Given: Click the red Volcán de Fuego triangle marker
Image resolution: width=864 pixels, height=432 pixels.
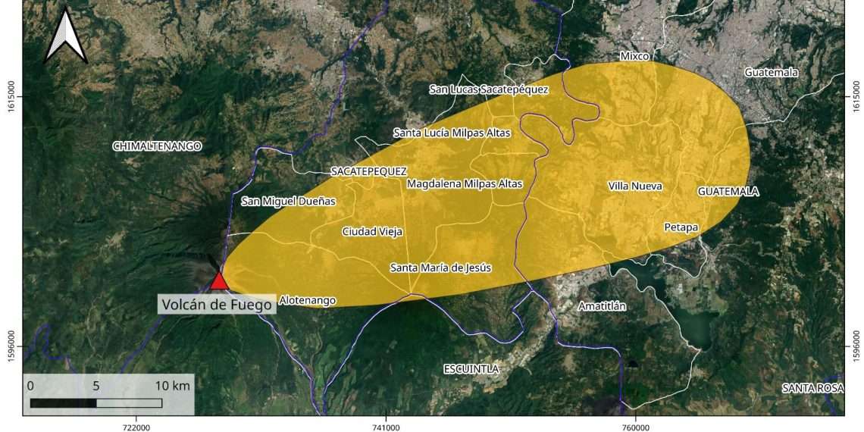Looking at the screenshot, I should click(220, 281).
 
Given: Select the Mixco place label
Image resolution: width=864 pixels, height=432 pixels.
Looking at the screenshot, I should click(635, 56).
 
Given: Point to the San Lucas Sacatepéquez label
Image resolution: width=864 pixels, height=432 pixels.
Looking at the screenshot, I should click(489, 89).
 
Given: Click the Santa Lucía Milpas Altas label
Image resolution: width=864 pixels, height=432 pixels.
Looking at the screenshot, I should click(452, 133).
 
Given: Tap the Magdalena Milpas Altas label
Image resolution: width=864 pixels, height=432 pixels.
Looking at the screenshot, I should click(465, 183).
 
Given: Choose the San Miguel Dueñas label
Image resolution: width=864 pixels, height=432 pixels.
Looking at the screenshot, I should click(288, 202).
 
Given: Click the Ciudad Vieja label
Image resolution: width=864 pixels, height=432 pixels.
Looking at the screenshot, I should click(372, 232).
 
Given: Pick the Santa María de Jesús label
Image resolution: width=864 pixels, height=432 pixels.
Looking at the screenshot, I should click(440, 268).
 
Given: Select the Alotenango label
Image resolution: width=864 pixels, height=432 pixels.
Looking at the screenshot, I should click(307, 301).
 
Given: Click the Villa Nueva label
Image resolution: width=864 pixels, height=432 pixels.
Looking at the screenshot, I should click(635, 186).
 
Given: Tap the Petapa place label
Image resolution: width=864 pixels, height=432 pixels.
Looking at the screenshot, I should click(681, 227).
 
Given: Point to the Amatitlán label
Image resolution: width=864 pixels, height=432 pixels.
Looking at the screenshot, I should click(602, 306).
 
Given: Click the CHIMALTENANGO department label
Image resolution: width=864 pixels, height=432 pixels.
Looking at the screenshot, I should click(158, 146).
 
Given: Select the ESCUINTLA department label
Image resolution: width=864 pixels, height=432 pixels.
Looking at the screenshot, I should click(471, 369).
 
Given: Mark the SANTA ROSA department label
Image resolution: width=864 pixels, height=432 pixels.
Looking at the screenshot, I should click(812, 388).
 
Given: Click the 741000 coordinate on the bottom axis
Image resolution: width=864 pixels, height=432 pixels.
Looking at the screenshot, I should click(386, 426).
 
